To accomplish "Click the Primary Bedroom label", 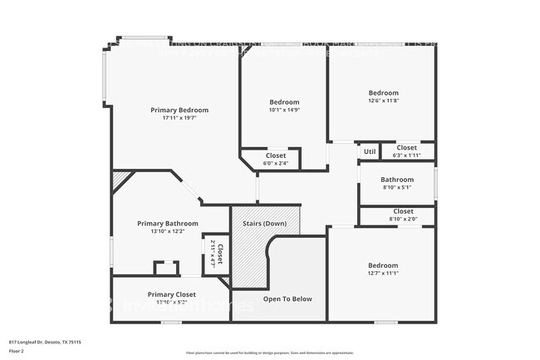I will [x=179, y=110].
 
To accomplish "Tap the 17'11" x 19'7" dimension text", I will [x=179, y=118].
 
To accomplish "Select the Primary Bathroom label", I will [x=168, y=224].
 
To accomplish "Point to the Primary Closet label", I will [x=172, y=294].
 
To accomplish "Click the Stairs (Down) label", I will [x=265, y=224].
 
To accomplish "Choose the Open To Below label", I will [x=287, y=298].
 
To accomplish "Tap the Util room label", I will [x=370, y=151].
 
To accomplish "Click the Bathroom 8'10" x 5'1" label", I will [x=397, y=180].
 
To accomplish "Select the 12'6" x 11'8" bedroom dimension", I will [x=384, y=101].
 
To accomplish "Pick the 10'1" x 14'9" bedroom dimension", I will [x=284, y=110].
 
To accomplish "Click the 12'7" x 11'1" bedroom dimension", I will [x=383, y=274].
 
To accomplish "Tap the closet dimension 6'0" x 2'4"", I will [x=276, y=163].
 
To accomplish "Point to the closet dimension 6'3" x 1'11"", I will [x=406, y=155].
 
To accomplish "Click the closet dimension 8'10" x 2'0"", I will [x=403, y=219].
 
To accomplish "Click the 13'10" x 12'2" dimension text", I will [x=168, y=232].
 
